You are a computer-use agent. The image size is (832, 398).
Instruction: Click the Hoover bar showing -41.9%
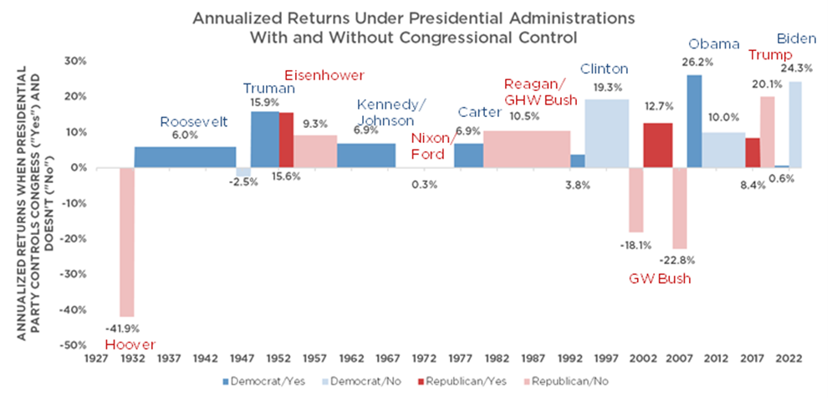point(127,242)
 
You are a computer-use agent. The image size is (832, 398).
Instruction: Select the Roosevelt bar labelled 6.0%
point(185,157)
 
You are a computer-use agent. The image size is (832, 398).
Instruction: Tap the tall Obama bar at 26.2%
point(694,121)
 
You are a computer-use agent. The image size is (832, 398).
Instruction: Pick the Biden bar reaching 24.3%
point(794,125)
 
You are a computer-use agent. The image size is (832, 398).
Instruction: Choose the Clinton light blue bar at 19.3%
point(606,134)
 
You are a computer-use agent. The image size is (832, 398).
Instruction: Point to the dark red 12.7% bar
point(657,145)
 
